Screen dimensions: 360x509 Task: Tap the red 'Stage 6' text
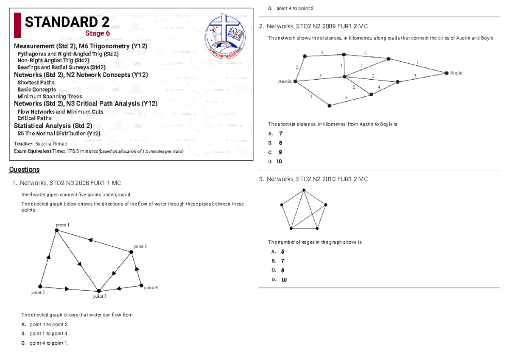click(x=98, y=33)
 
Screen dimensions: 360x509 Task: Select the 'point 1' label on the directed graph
click(x=63, y=224)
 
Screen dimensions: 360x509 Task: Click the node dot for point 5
click(x=131, y=252)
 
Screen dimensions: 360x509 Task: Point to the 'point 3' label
click(x=100, y=296)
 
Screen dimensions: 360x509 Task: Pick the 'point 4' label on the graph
click(x=151, y=287)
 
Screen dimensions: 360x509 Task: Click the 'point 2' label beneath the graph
click(x=38, y=292)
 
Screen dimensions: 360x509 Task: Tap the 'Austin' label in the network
click(x=285, y=81)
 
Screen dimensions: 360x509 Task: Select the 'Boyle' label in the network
click(x=456, y=73)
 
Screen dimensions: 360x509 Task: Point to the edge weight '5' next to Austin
click(x=320, y=75)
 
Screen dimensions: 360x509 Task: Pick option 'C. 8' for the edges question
click(x=278, y=270)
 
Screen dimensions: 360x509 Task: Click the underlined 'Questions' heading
click(x=24, y=170)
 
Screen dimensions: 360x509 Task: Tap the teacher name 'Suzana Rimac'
click(x=53, y=144)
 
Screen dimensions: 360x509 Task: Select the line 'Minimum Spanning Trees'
click(x=50, y=97)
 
